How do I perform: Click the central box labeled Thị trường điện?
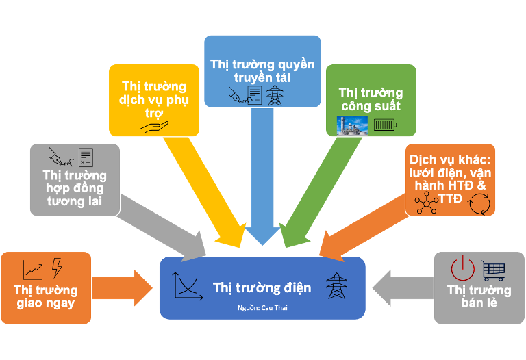(x=262, y=287)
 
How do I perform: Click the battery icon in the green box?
(x=384, y=125)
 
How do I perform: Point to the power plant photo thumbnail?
(x=352, y=125)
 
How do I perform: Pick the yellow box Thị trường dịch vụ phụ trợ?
(x=154, y=100)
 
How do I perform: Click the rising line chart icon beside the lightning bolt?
(x=32, y=268)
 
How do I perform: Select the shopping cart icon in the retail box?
(x=493, y=270)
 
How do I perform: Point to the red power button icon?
(x=462, y=268)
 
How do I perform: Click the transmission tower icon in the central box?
(x=336, y=286)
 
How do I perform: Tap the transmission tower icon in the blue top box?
(x=275, y=95)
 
